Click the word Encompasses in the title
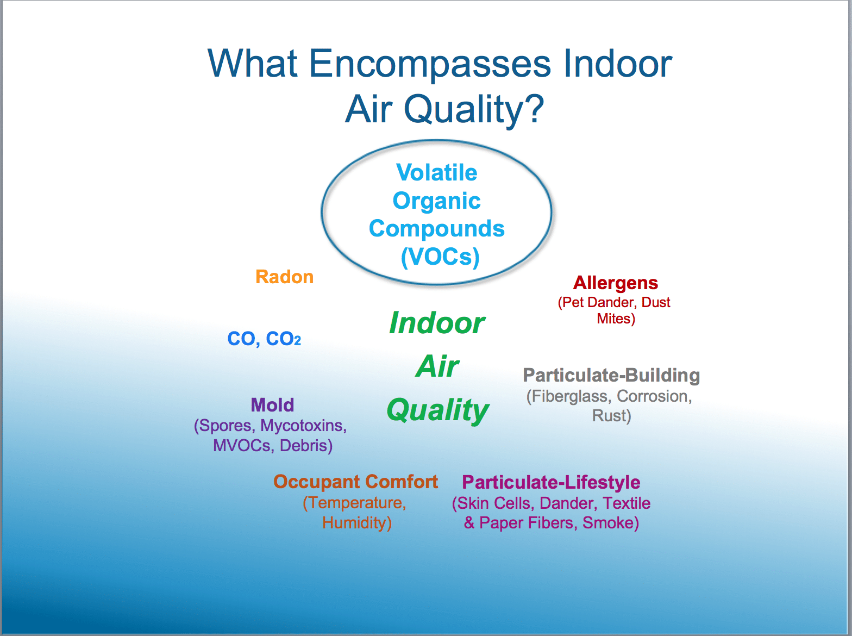click(x=430, y=64)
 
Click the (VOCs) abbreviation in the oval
click(x=440, y=257)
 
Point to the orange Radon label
click(x=285, y=277)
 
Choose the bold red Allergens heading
click(x=616, y=283)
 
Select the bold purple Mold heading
click(x=272, y=405)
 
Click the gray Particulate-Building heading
click(x=611, y=375)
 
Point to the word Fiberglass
click(x=569, y=396)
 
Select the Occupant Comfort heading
click(x=355, y=482)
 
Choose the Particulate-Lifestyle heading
click(x=551, y=483)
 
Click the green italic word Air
click(x=437, y=366)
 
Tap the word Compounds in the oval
click(x=437, y=229)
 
